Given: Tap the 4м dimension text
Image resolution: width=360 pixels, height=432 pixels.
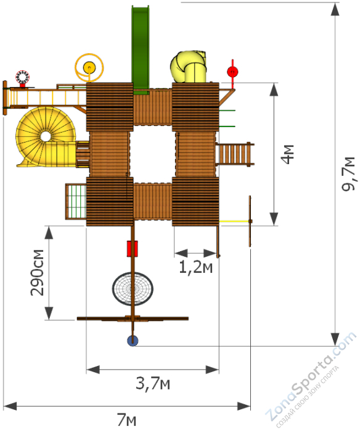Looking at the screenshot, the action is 287,154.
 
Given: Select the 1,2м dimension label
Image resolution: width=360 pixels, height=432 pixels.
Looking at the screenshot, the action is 195,267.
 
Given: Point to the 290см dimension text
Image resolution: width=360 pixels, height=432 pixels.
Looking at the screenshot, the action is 38,273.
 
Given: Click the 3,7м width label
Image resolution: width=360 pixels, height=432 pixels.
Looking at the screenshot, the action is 153,383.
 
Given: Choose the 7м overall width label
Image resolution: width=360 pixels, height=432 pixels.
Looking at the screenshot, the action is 126,420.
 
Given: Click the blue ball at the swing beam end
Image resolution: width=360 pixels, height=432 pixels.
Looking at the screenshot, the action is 133,341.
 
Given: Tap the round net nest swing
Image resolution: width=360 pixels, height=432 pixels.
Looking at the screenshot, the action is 133,289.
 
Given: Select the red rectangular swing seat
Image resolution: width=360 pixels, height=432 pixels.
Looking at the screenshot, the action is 133,249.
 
